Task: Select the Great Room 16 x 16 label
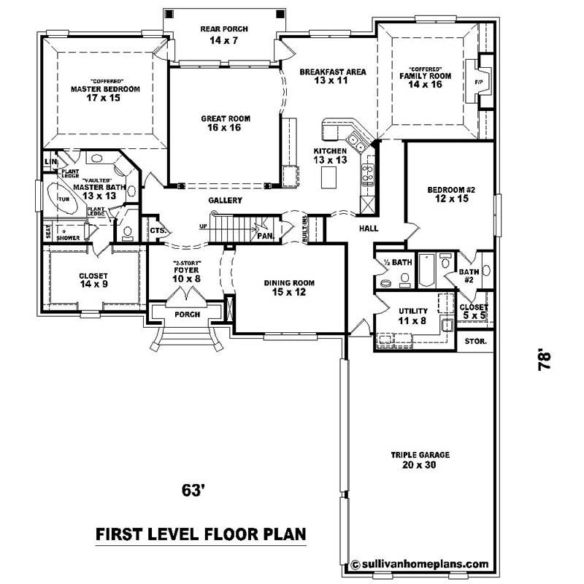(x=225, y=123)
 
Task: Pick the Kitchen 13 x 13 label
(x=330, y=155)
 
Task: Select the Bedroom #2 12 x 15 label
(x=450, y=195)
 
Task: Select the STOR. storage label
(x=475, y=341)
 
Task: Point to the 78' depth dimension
(x=544, y=361)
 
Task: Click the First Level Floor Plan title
(x=201, y=534)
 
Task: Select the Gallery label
(x=225, y=200)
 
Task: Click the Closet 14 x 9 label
(x=93, y=280)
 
